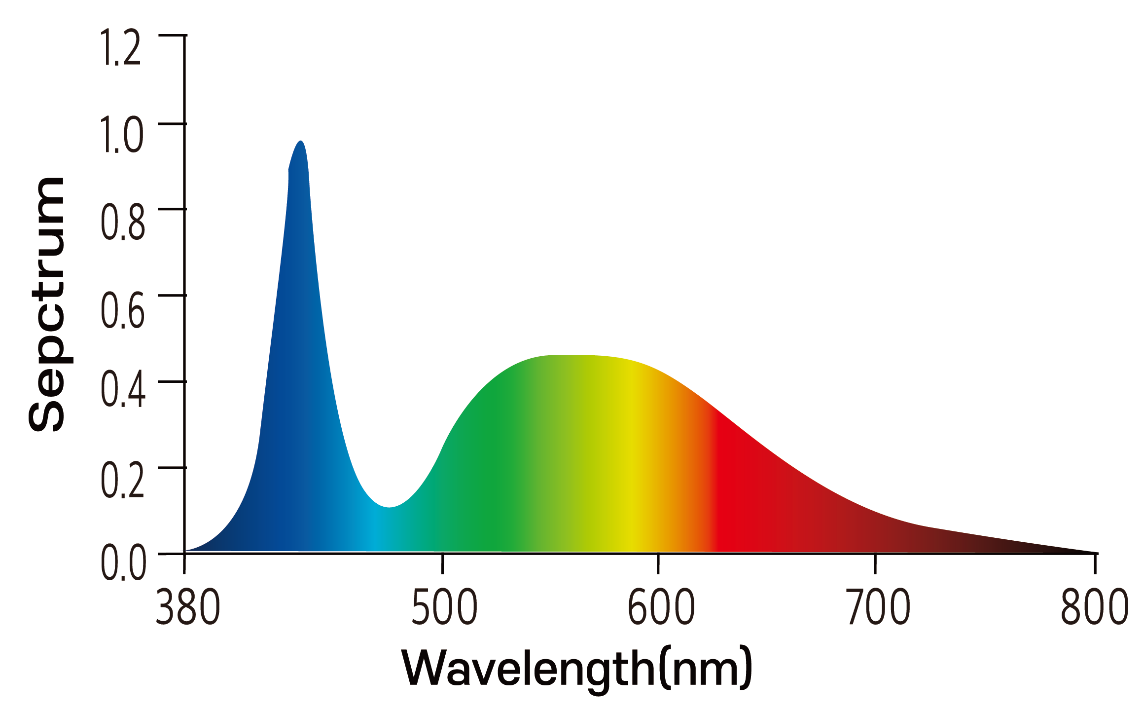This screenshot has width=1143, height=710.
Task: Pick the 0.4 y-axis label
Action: [123, 390]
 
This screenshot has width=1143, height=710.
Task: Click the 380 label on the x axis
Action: [188, 607]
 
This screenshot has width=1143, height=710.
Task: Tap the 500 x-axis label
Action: [444, 607]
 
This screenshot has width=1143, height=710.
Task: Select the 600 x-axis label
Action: [661, 607]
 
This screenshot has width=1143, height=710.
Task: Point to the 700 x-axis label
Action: [878, 607]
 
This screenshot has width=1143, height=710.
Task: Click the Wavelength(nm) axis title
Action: [577, 669]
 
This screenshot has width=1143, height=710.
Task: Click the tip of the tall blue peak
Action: [301, 142]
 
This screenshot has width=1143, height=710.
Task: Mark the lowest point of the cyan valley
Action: [389, 507]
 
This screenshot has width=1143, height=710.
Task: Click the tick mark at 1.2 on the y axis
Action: [172, 36]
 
